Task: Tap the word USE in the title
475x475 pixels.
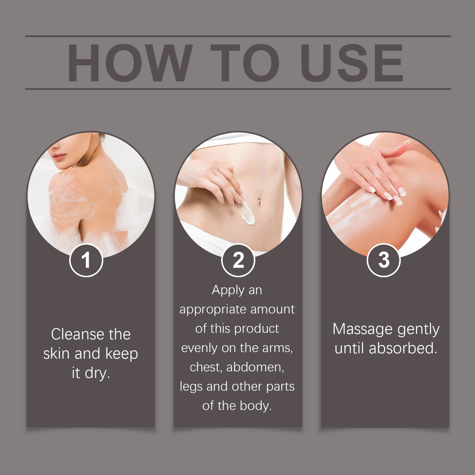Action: coord(352,63)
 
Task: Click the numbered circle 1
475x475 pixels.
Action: coord(86,260)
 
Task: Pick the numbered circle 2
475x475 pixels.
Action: coord(238,260)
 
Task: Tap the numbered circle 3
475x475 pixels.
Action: coord(384,260)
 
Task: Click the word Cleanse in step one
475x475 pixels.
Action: coord(78,334)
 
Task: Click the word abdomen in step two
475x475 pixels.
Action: coord(255,368)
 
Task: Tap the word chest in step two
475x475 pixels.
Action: coord(206,368)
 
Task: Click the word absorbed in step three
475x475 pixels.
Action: coord(403,348)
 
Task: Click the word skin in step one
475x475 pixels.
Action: coord(56,354)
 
